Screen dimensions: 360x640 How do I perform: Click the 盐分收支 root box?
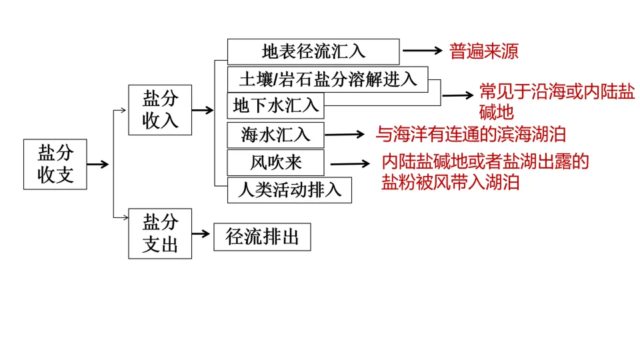[55, 165]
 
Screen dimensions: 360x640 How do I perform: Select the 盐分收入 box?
[160, 110]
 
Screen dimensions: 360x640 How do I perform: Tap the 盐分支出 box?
[160, 233]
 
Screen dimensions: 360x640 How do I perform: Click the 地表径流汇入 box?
[313, 51]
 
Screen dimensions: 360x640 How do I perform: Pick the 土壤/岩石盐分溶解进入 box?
[327, 79]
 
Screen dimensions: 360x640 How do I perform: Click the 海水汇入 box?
[275, 134]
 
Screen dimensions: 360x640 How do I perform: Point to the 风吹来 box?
[275, 163]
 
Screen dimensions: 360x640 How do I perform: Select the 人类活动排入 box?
[289, 190]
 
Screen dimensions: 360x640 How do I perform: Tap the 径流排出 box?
[262, 237]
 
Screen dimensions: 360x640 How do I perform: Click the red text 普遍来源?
[484, 52]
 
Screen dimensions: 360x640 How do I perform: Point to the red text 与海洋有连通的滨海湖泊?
[471, 135]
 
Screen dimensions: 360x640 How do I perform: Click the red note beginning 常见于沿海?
[557, 102]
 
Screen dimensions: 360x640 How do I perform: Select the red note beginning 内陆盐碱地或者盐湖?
[485, 172]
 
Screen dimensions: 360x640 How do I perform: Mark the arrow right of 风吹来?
[351, 163]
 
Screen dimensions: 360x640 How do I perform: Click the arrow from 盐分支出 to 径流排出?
[202, 234]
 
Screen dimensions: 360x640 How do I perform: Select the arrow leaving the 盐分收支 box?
[98, 164]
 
